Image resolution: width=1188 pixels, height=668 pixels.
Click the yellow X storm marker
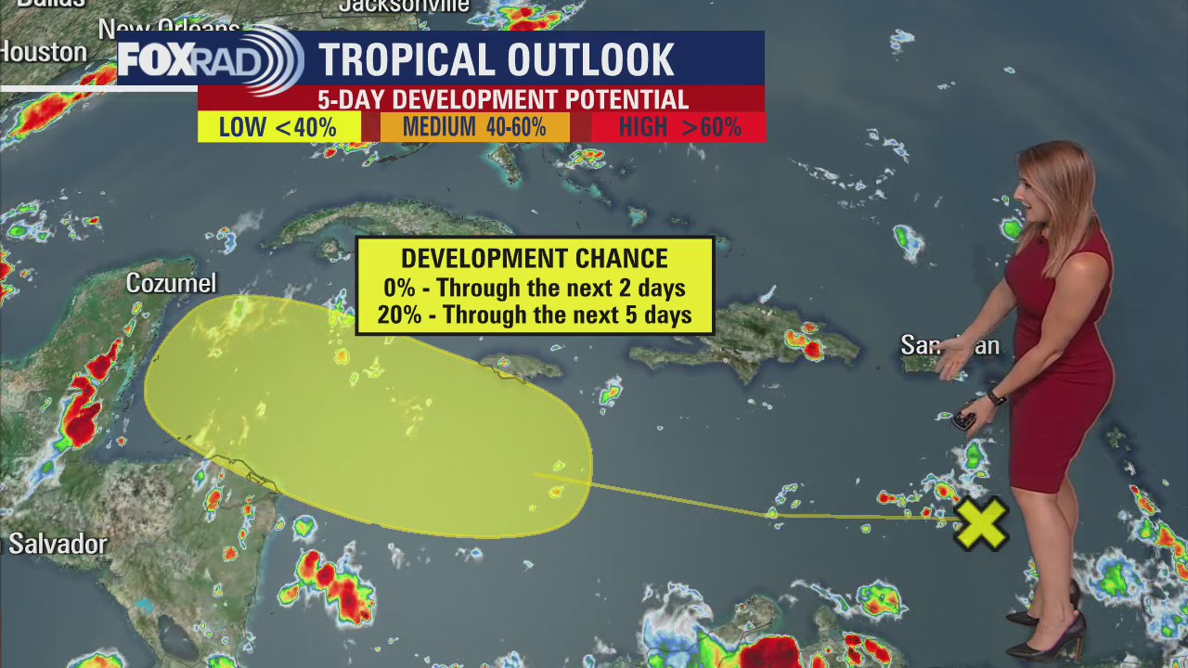tap(981, 522)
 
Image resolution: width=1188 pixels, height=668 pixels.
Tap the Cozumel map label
tap(171, 283)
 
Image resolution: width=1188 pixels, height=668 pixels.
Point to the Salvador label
tap(56, 544)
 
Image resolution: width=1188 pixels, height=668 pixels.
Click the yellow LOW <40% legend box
tap(278, 127)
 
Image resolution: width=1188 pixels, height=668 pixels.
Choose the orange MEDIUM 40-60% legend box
tap(474, 127)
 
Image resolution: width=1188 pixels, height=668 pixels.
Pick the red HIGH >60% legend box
tap(679, 127)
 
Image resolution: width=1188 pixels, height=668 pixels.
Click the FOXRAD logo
tap(210, 60)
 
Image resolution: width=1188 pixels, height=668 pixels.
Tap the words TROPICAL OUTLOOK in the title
tap(497, 60)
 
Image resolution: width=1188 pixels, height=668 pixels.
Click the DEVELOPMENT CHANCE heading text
tap(535, 259)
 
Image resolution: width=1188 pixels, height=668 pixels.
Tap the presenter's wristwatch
tap(996, 398)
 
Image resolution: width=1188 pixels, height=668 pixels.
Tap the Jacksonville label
tap(403, 6)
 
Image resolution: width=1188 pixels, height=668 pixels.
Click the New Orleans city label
tap(168, 29)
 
